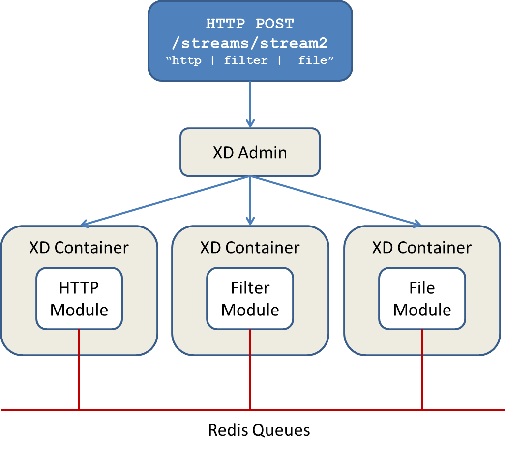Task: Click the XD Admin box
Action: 250,152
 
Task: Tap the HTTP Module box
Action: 79,299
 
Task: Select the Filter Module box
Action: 250,299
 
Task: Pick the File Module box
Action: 422,299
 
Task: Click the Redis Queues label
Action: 259,430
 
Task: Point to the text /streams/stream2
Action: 250,43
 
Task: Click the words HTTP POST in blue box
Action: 250,24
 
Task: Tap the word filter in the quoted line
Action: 246,60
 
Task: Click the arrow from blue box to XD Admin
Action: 250,103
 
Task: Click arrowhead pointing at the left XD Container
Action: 85,224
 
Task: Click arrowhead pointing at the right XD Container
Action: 416,224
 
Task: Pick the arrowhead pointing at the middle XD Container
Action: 250,221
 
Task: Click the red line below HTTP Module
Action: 79,368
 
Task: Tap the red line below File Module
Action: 422,368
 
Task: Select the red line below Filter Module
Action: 250,368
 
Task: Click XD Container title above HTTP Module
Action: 79,247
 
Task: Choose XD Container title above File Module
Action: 422,247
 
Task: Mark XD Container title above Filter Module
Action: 250,247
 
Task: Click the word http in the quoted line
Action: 187,60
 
